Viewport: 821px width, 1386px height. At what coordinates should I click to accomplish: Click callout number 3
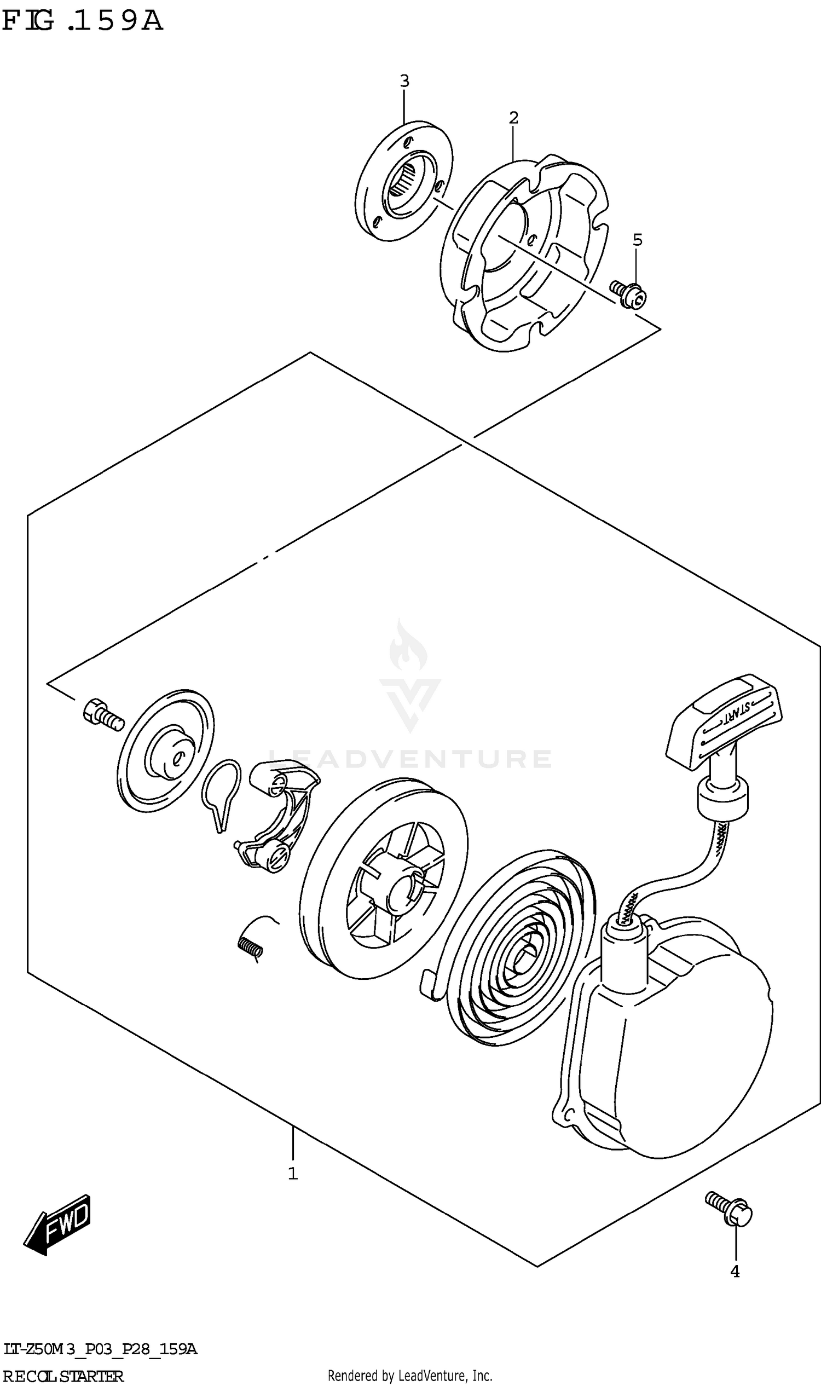coord(404,82)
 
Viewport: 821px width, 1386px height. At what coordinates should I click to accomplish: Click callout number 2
coord(513,118)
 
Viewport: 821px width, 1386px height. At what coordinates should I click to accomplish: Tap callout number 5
coord(637,240)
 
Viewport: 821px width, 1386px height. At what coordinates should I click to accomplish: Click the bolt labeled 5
coord(629,294)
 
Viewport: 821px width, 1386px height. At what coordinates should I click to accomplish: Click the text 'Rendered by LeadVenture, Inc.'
coord(410,1371)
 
